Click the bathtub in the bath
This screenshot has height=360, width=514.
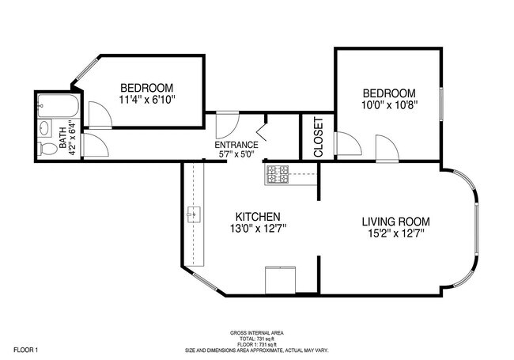[59, 105]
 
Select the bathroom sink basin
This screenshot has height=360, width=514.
[45, 128]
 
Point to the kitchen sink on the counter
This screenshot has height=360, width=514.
[194, 214]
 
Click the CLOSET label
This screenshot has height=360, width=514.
[319, 137]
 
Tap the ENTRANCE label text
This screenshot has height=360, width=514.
[236, 145]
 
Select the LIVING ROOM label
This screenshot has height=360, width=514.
[396, 222]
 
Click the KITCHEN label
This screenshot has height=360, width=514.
[258, 217]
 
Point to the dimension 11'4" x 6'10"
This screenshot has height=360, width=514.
[147, 100]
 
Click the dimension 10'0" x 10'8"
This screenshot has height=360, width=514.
[389, 105]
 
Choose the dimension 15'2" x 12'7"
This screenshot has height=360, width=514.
[396, 233]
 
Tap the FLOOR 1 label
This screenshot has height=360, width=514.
[26, 350]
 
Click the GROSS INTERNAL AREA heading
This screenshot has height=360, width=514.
[257, 333]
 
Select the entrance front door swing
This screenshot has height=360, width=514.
[227, 124]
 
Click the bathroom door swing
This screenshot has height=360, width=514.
[95, 145]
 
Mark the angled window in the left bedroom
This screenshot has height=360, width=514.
[85, 69]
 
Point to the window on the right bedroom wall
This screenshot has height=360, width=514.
[441, 104]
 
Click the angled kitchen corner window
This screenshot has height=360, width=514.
[205, 281]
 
